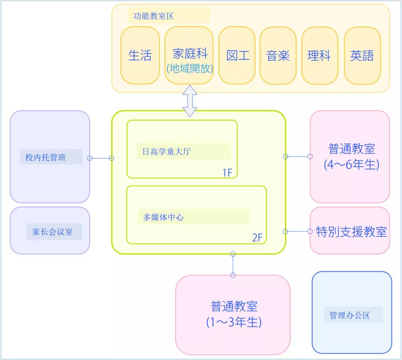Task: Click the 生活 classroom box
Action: pos(140,55)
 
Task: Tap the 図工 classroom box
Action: pos(237,55)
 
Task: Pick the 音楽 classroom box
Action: pos(278,55)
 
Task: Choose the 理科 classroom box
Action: pos(319,55)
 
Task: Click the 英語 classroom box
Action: pos(362,55)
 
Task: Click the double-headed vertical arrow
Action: pos(190,101)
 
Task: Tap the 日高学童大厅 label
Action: pos(167,152)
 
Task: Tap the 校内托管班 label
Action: pos(45,157)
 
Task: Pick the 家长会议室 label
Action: pos(52,232)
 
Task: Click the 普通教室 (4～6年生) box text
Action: pos(351,156)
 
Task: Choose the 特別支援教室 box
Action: pos(351,232)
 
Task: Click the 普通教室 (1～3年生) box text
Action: pos(234,314)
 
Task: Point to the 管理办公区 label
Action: pos(350,315)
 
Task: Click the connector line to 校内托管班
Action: pos(100,158)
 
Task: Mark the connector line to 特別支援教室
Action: pos(298,231)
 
